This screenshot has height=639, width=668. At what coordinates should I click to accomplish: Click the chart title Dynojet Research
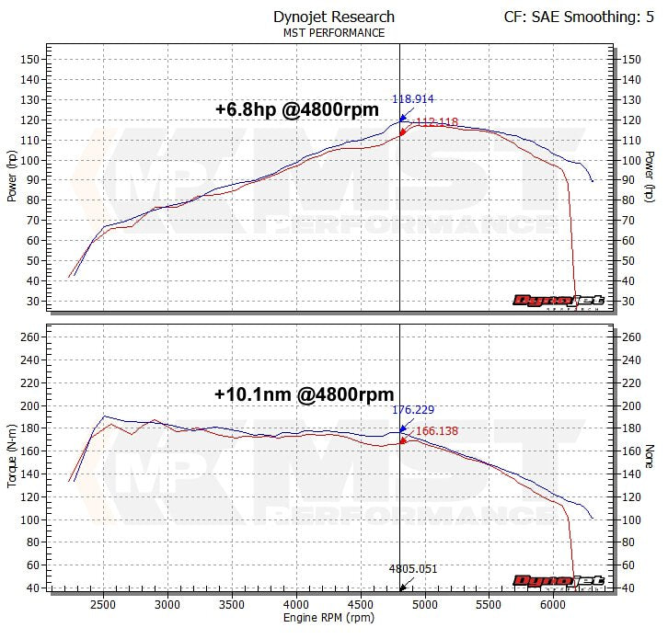point(334,17)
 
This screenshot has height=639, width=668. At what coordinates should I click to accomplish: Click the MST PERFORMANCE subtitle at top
point(334,33)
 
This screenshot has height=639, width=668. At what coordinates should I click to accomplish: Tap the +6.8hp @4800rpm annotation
point(297,109)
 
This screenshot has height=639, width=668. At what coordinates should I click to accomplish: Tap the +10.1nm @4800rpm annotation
point(304,394)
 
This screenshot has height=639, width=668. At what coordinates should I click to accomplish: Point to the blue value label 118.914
point(413,99)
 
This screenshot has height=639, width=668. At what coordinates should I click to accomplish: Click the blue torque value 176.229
point(413,410)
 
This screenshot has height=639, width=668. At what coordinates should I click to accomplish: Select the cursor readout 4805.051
point(412,569)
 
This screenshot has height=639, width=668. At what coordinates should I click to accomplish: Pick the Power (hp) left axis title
point(12,177)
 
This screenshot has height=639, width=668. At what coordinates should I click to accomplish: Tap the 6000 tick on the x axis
point(553,604)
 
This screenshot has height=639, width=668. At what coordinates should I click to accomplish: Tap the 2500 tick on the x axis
point(104,604)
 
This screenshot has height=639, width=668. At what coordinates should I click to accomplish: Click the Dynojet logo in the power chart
point(558,301)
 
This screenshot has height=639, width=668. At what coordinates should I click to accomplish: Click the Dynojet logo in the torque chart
point(558,581)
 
